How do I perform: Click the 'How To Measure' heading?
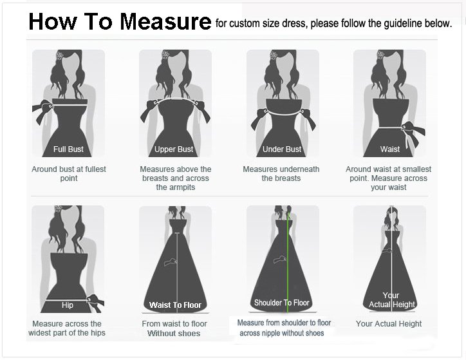(x=120, y=22)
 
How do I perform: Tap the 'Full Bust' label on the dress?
(x=68, y=149)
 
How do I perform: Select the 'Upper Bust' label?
(x=174, y=149)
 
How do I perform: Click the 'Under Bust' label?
(x=282, y=149)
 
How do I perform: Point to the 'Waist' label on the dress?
(x=390, y=149)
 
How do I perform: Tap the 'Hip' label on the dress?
(x=68, y=305)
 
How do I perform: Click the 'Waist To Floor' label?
(x=175, y=305)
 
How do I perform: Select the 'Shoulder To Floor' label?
(x=282, y=303)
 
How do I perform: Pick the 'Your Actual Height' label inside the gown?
(x=391, y=300)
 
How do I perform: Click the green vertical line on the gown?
(x=288, y=258)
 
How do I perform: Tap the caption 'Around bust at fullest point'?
(x=69, y=174)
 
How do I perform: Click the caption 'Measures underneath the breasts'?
(x=281, y=174)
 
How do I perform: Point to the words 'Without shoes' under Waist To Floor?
(x=174, y=334)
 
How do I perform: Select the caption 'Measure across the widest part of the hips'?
(x=67, y=328)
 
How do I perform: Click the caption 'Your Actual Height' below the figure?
(x=389, y=324)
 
